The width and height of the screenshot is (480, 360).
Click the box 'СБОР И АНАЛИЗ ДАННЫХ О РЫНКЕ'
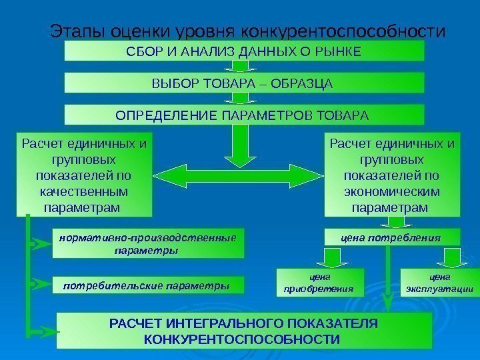click(244, 51)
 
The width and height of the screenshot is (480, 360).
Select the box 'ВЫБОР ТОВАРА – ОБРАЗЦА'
click(244, 83)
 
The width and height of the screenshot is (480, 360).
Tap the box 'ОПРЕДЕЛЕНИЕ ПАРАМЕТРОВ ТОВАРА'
click(244, 115)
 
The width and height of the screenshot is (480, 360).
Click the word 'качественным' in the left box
click(84, 192)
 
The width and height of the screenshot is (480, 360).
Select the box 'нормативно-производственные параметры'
click(147, 244)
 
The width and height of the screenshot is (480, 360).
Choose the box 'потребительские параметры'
click(147, 285)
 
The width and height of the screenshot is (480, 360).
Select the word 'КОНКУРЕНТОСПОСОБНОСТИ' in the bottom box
click(244, 339)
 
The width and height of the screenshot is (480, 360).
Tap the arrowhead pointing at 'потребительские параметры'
click(43, 286)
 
